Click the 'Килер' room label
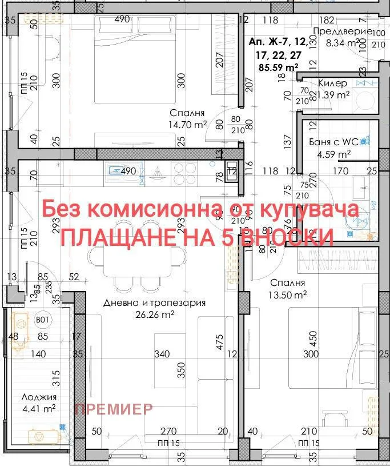click(332, 83)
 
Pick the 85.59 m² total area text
click(279, 67)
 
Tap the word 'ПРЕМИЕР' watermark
click(114, 409)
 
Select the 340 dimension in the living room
click(162, 355)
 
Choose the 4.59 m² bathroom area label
click(334, 154)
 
